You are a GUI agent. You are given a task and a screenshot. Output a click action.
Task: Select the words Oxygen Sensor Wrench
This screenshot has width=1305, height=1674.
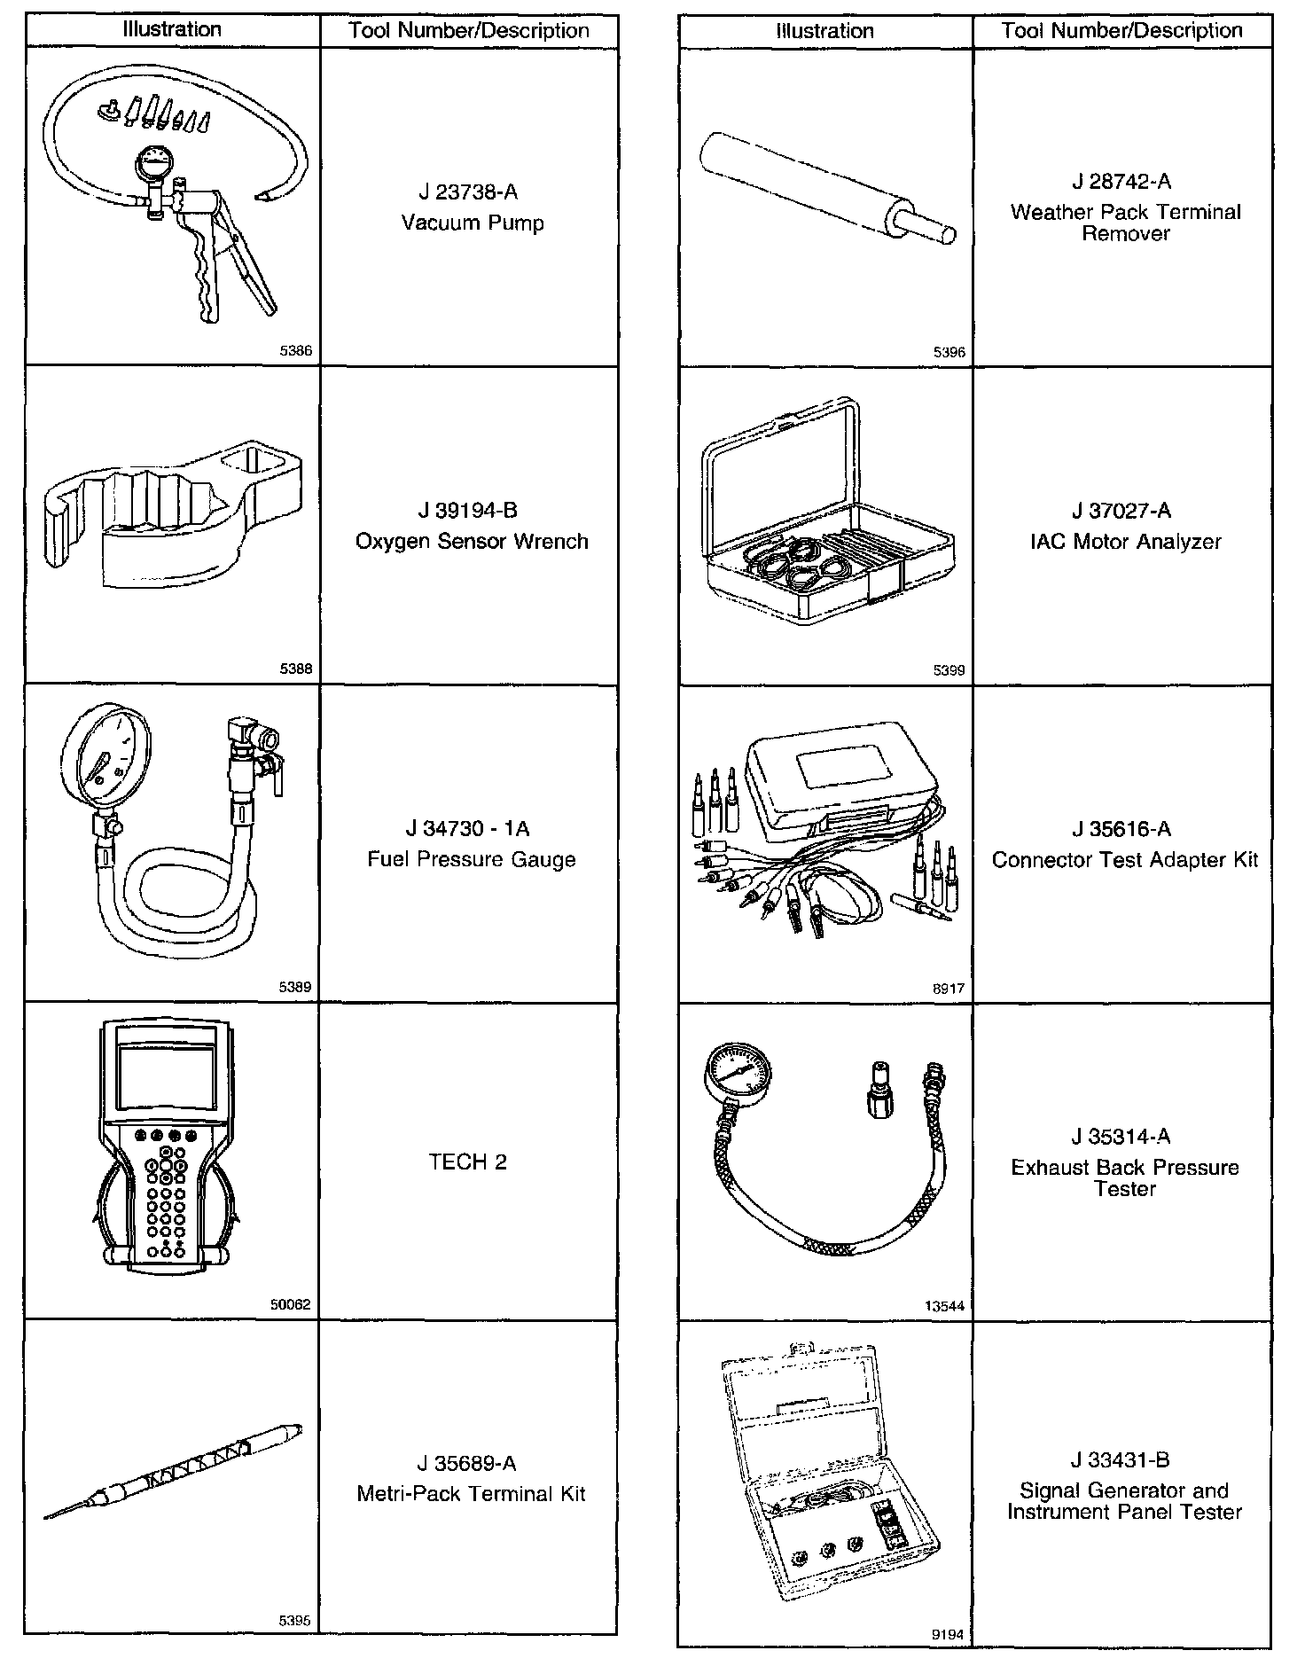tap(472, 542)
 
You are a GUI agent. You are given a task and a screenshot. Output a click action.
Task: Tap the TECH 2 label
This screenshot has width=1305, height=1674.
tap(468, 1162)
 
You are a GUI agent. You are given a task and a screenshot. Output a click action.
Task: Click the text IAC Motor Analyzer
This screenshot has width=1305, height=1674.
tap(1125, 542)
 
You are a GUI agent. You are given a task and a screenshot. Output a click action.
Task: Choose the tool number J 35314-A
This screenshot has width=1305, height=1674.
tap(1121, 1137)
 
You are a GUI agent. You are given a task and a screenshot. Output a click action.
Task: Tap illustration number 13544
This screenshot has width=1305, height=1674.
tap(945, 1306)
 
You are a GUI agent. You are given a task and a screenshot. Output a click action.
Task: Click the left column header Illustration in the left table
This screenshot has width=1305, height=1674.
tap(172, 30)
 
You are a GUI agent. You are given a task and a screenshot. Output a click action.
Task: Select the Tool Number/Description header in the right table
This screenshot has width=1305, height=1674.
tap(1121, 31)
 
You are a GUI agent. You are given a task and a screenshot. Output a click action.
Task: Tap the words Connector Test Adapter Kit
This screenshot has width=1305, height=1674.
tap(1125, 860)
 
